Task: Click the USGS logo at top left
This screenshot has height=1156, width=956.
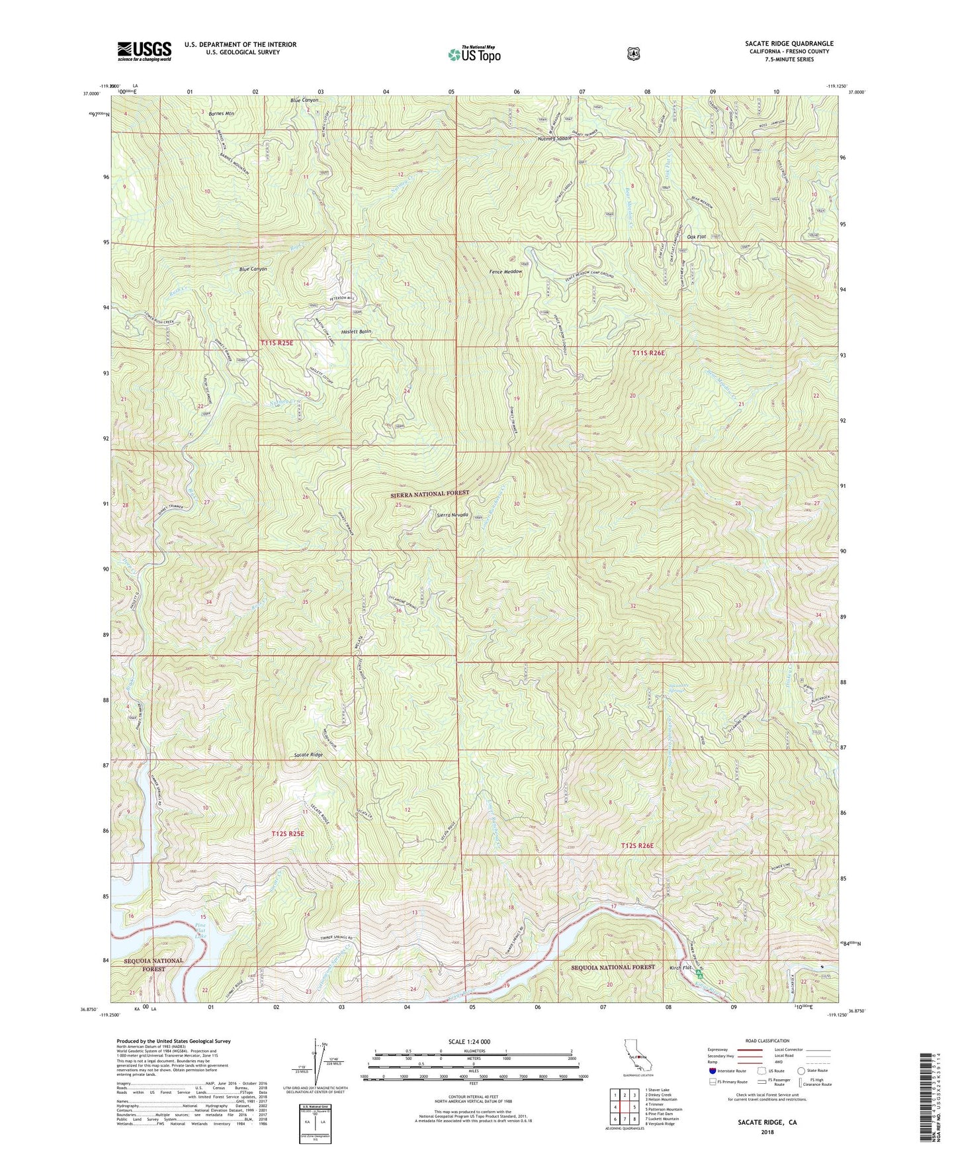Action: pos(144,51)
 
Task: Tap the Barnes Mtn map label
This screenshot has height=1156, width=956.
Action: pos(221,113)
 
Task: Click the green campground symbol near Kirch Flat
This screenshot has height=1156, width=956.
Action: pos(707,973)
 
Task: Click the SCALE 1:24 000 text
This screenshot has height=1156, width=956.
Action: pos(472,1041)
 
